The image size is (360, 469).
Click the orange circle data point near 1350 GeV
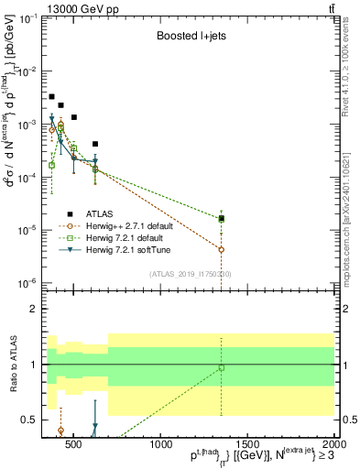click(x=222, y=249)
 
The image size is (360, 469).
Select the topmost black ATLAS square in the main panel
click(x=51, y=96)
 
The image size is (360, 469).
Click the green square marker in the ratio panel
click(x=222, y=368)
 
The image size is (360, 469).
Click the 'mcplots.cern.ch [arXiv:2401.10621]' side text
click(x=352, y=202)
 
